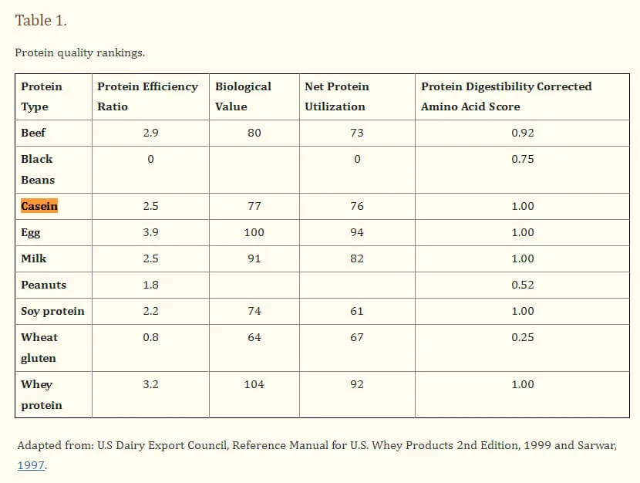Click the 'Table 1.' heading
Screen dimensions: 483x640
point(41,21)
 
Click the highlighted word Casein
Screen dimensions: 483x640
point(39,206)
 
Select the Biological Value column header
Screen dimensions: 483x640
point(243,96)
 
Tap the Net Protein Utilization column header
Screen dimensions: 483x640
point(337,96)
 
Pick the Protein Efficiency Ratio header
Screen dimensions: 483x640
point(147,96)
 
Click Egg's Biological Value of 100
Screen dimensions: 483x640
point(254,232)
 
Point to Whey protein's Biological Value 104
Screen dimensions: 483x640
point(254,384)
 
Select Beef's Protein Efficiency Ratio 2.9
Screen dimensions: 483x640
point(150,133)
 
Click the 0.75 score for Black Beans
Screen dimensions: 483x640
point(522,159)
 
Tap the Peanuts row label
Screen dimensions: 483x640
point(44,285)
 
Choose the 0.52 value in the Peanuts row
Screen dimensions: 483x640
point(522,285)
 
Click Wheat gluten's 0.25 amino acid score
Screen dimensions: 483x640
point(522,337)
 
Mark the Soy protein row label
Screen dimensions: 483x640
point(52,311)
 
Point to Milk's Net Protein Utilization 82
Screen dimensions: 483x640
point(356,258)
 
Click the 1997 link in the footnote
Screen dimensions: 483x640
point(32,465)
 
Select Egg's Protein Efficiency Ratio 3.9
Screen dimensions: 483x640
point(150,232)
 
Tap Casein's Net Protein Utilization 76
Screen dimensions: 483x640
point(356,206)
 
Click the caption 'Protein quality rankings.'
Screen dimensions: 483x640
point(80,53)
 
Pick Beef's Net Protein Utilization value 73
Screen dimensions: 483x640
point(356,133)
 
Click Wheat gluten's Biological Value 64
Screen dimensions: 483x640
point(254,337)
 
